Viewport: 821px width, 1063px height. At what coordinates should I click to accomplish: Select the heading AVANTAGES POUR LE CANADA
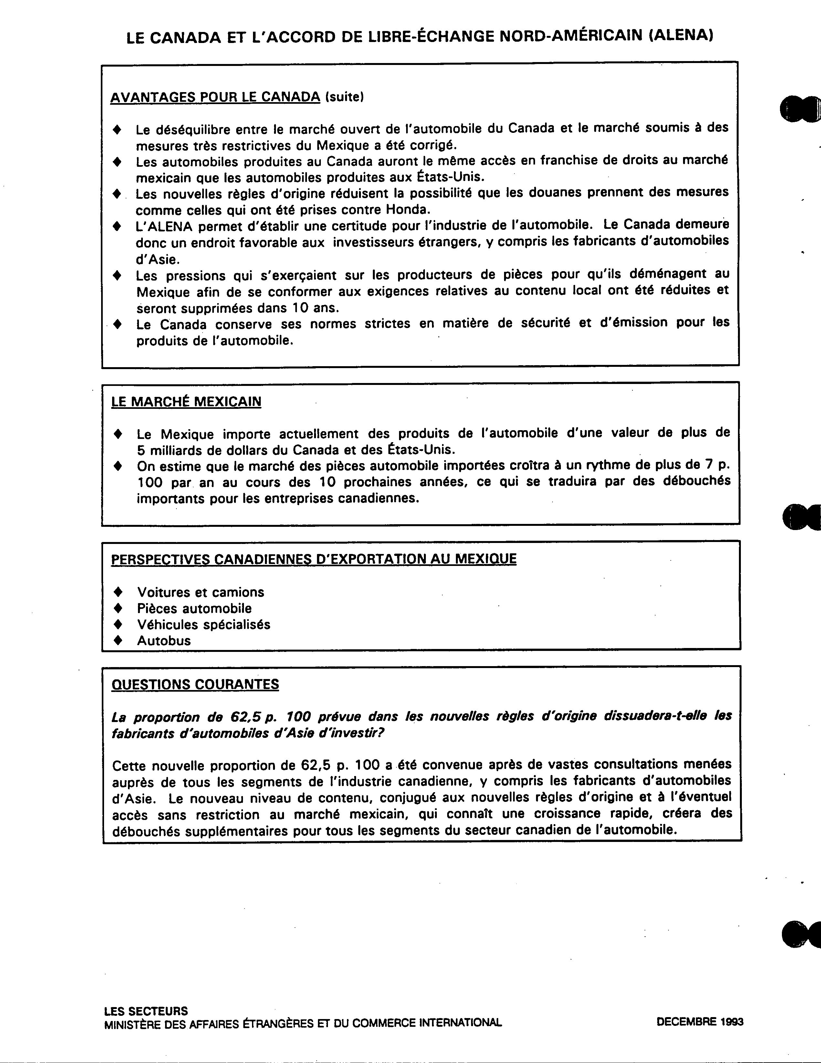pos(215,97)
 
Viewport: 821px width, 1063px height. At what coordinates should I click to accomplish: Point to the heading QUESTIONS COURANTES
pos(195,684)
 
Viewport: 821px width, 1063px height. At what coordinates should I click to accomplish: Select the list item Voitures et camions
pos(201,592)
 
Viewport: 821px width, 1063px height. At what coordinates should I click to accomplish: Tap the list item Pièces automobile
pos(194,608)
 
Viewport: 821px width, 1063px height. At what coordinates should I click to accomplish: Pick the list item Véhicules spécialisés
pos(204,624)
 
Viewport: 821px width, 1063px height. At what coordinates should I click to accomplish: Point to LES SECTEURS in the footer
pos(146,1011)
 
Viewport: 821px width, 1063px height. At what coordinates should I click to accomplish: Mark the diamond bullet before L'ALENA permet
pos(117,226)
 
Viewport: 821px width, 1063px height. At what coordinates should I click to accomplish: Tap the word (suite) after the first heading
pos(344,97)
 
